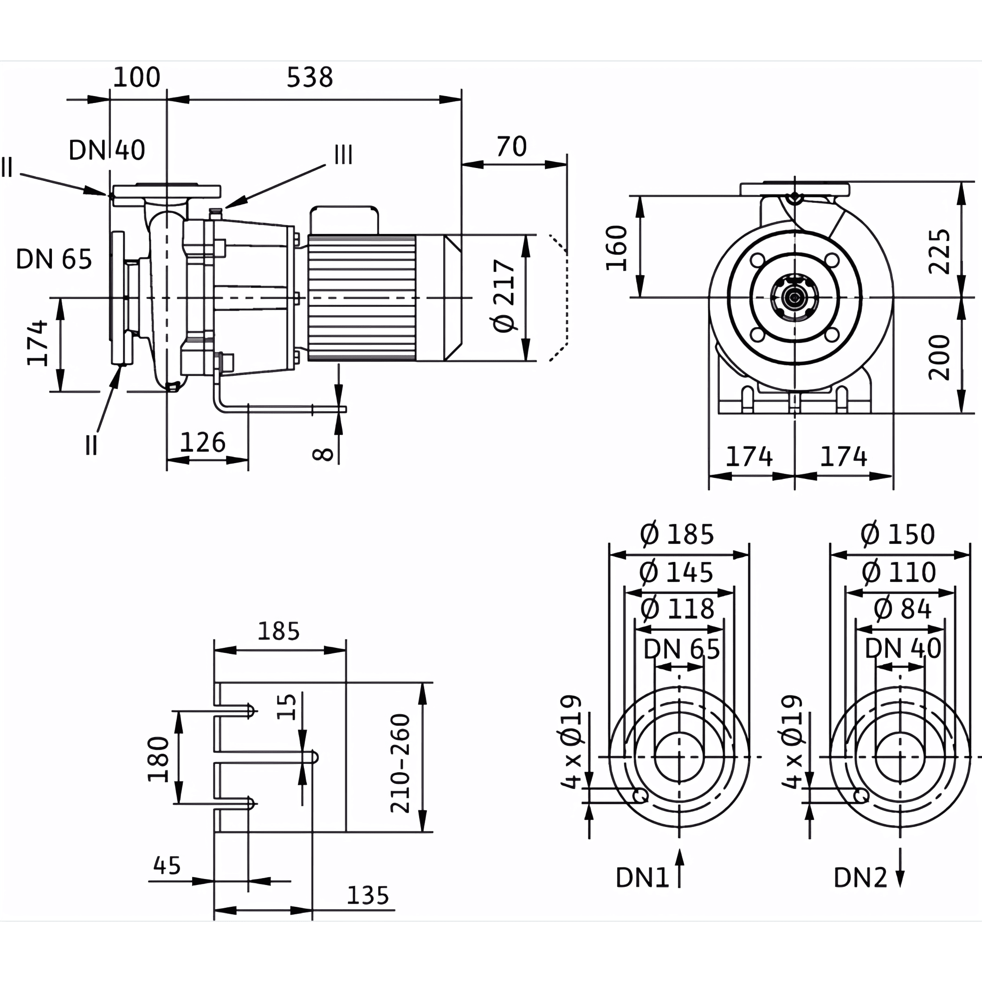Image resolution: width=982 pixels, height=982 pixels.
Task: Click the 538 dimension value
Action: (310, 77)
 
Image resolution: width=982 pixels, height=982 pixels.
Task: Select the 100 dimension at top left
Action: (136, 77)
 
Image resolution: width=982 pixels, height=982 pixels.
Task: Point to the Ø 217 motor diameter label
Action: (504, 296)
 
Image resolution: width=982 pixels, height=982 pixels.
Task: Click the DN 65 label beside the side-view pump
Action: (54, 259)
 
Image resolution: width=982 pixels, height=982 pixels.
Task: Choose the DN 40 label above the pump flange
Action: (107, 150)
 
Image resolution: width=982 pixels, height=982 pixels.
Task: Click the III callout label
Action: (343, 155)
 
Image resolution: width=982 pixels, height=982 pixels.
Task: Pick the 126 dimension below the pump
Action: (202, 442)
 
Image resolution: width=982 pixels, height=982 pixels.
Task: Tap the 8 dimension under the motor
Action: (323, 454)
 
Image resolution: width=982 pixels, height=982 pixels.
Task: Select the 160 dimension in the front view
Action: (617, 248)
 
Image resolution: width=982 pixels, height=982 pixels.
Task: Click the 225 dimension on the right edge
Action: (939, 252)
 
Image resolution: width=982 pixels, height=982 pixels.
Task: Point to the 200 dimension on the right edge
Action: (939, 358)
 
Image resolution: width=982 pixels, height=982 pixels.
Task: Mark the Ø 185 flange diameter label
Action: (677, 534)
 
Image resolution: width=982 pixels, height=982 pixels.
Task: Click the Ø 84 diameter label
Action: (902, 608)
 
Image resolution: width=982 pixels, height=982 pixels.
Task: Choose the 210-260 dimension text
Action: (400, 763)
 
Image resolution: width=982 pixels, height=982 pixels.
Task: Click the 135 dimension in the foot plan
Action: (368, 910)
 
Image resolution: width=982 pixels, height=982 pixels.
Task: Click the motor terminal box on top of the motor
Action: (344, 220)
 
